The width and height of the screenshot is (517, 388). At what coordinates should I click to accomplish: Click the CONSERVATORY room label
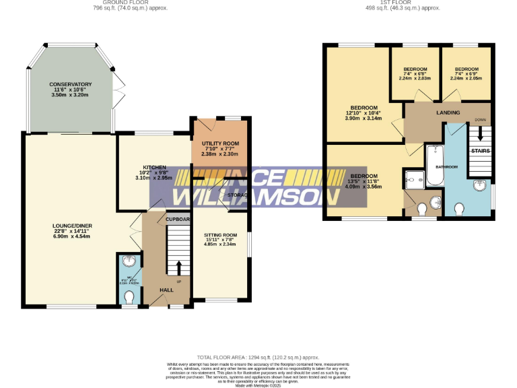point(70,84)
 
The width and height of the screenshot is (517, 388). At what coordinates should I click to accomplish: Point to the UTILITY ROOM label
point(220,143)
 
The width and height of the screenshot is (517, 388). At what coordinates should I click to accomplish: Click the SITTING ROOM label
point(220,234)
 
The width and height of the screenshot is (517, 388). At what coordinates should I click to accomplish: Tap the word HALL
point(166,290)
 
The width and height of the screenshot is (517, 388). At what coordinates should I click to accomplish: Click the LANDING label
point(448,112)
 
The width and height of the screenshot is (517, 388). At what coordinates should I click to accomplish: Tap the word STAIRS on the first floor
point(480,151)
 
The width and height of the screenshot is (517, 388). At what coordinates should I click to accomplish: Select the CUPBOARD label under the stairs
point(178,219)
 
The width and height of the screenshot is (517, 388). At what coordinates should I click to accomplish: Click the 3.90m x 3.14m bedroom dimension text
point(364,119)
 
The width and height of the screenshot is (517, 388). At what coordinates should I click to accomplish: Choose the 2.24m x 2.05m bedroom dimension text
point(466,77)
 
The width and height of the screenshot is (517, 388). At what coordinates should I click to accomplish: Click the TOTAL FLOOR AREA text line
point(258,357)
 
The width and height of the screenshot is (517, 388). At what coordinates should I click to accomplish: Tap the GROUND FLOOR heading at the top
point(130,3)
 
